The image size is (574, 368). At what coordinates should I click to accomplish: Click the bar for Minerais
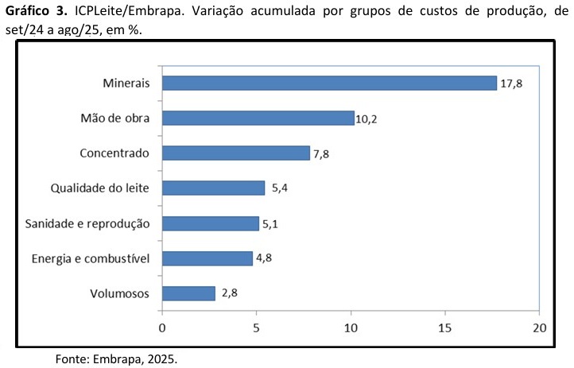click(329, 83)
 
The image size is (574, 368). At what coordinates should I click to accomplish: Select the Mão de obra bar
click(258, 118)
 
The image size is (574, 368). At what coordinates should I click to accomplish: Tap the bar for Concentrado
click(235, 153)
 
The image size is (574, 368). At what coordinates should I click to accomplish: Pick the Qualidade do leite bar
click(213, 188)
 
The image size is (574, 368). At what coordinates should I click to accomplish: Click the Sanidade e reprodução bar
click(210, 223)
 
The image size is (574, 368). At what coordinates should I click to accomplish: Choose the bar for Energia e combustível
click(207, 258)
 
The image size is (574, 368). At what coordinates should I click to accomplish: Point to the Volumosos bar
click(188, 293)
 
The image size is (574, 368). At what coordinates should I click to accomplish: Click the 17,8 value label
click(512, 83)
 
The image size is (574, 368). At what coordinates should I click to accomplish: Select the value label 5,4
click(279, 189)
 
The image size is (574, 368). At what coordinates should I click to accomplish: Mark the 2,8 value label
click(231, 293)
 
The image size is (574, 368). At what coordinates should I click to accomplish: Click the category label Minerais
click(126, 83)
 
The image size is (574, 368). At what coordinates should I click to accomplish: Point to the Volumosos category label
click(121, 293)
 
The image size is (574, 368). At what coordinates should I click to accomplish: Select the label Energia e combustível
click(91, 258)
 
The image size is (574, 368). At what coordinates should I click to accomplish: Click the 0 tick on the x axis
click(162, 327)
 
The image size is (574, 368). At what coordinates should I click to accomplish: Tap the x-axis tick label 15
click(445, 327)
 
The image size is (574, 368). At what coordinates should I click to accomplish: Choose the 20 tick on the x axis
click(540, 327)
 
